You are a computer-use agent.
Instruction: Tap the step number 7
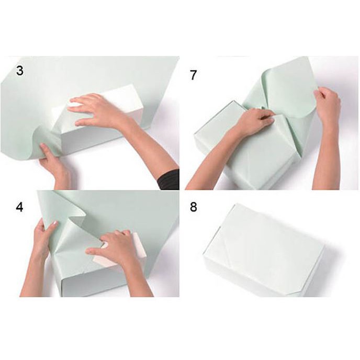[194, 75]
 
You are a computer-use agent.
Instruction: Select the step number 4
[19, 207]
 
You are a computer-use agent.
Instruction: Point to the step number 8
[194, 207]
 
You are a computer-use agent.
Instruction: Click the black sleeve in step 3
[168, 179]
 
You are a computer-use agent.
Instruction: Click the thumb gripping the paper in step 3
[45, 149]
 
